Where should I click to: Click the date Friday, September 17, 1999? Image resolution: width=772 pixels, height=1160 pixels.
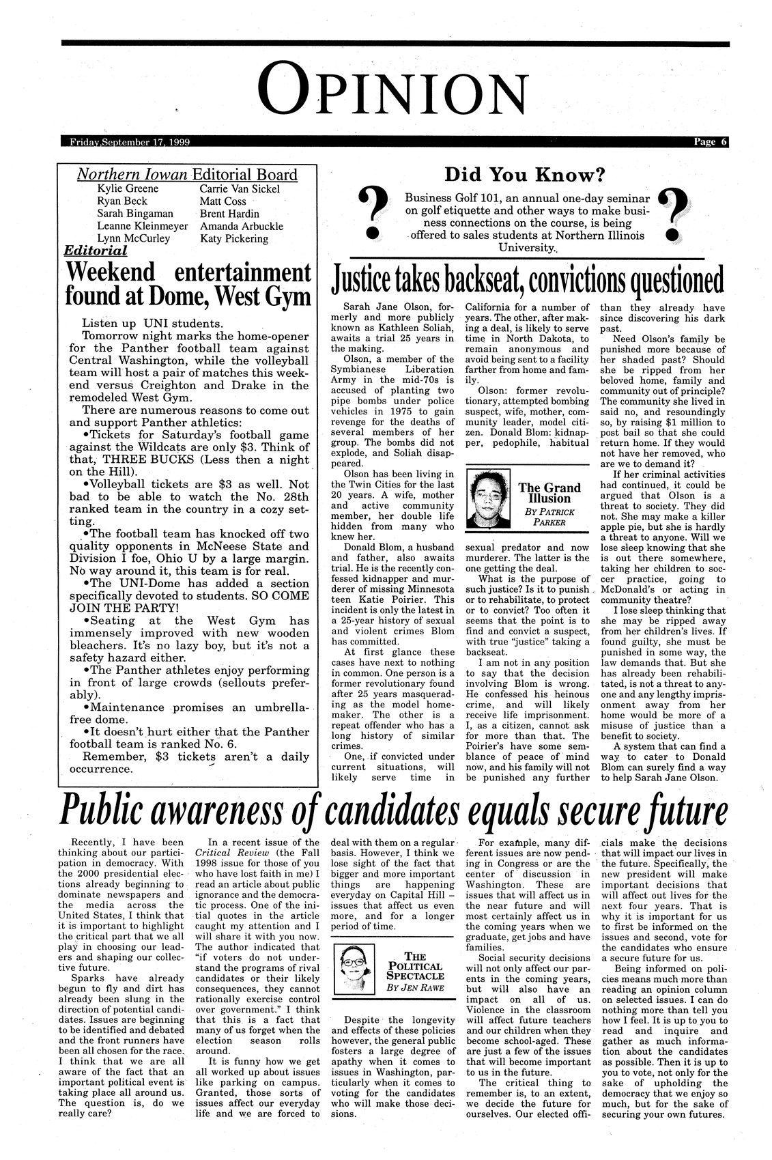click(130, 142)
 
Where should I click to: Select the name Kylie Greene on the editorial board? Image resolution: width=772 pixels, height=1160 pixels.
click(128, 188)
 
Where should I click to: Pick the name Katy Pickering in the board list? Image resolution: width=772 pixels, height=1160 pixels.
click(233, 239)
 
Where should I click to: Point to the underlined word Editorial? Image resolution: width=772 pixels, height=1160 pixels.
click(95, 251)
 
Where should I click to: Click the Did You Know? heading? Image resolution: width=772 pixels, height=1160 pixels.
click(524, 175)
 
